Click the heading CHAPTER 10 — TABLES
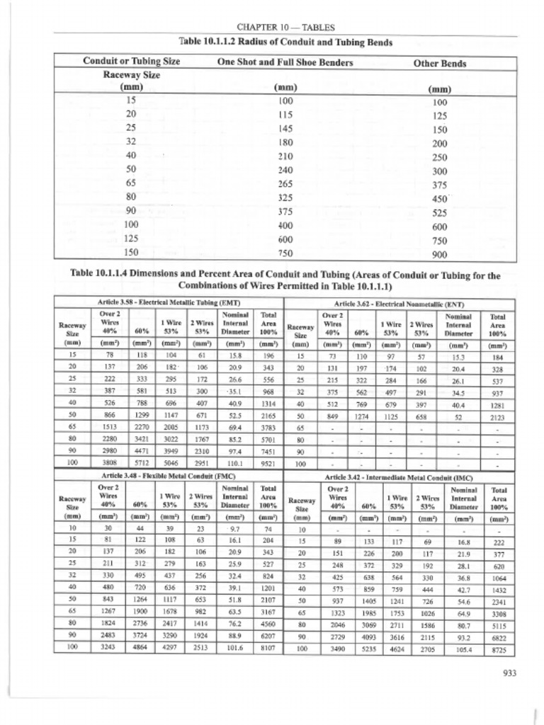(285, 27)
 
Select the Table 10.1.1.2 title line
(285, 42)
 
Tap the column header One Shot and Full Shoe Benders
(285, 62)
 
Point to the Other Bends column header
(440, 63)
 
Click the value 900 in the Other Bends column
(439, 255)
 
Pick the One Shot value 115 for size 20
(285, 114)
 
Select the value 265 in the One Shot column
(285, 185)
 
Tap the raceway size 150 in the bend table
(132, 253)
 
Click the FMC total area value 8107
(268, 646)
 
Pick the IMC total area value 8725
(499, 648)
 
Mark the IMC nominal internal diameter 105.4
(463, 648)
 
